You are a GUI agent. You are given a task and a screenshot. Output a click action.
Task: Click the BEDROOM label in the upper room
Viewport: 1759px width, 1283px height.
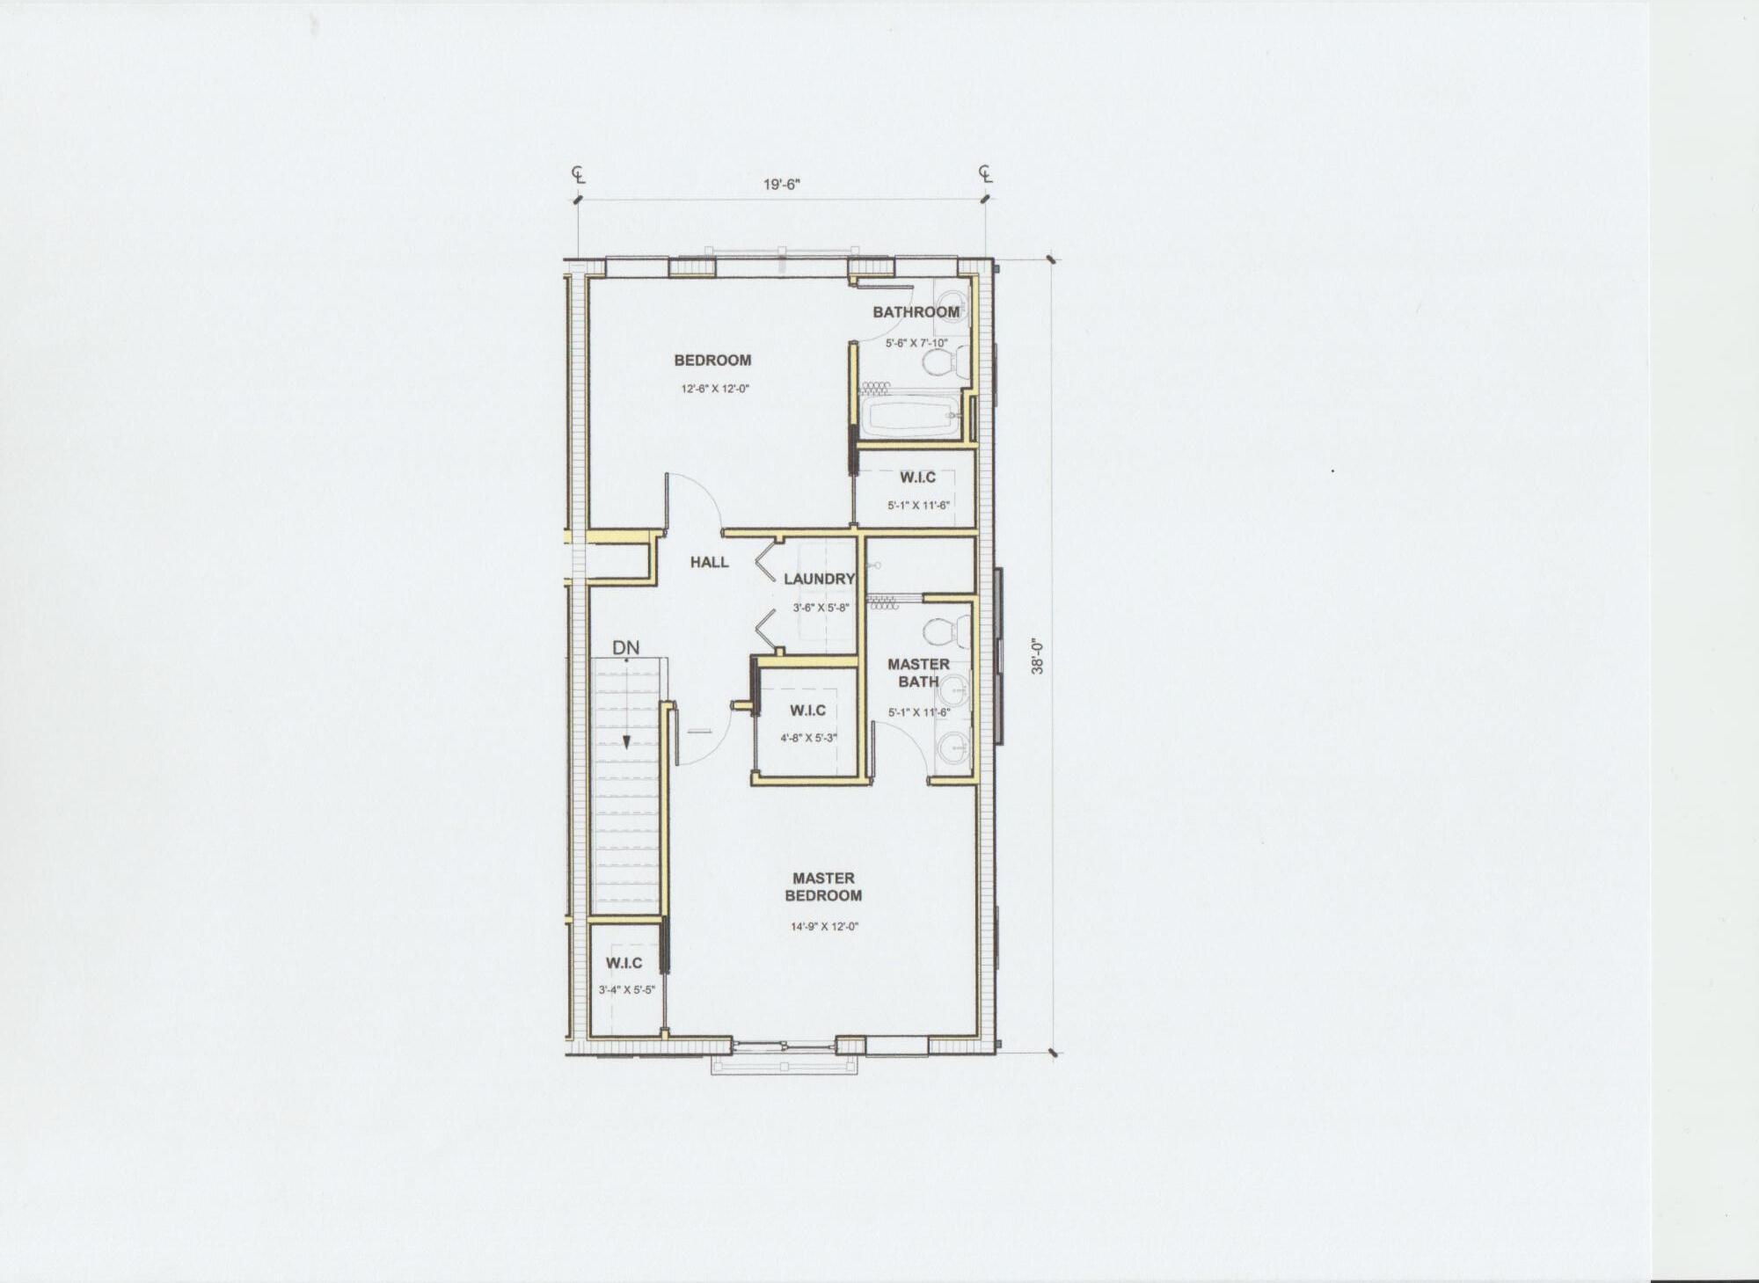[x=712, y=360]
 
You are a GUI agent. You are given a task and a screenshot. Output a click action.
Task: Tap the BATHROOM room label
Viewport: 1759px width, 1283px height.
[x=916, y=312]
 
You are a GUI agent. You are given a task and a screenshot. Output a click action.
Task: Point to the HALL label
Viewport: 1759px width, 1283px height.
[x=709, y=562]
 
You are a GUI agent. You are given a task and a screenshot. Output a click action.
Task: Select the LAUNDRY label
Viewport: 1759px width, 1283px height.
[x=819, y=579]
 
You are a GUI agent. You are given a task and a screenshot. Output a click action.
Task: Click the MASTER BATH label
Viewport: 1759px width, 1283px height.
[x=918, y=673]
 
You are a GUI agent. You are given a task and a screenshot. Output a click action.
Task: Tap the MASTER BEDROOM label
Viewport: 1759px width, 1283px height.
[x=823, y=886]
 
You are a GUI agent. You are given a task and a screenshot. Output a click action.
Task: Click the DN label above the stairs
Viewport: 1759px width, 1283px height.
[x=626, y=648]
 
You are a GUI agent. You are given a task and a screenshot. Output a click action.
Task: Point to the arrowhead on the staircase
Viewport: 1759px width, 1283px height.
[x=625, y=741]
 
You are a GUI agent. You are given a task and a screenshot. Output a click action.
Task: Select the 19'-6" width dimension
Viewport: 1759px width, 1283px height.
[x=781, y=185]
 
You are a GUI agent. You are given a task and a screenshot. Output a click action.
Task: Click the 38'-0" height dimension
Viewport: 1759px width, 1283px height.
[x=1038, y=655]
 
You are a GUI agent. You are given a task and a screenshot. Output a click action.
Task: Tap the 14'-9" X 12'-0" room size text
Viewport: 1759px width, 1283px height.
[x=823, y=926]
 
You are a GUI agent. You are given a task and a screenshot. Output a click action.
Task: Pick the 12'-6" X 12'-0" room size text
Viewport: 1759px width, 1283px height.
[x=713, y=388]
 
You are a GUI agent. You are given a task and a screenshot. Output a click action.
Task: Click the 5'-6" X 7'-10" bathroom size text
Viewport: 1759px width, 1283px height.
[x=916, y=344]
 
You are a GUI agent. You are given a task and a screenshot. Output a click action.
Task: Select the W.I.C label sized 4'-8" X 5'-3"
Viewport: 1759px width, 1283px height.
[x=807, y=711]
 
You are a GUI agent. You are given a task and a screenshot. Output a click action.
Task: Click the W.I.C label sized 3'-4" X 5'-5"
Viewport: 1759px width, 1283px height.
[x=624, y=964]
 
